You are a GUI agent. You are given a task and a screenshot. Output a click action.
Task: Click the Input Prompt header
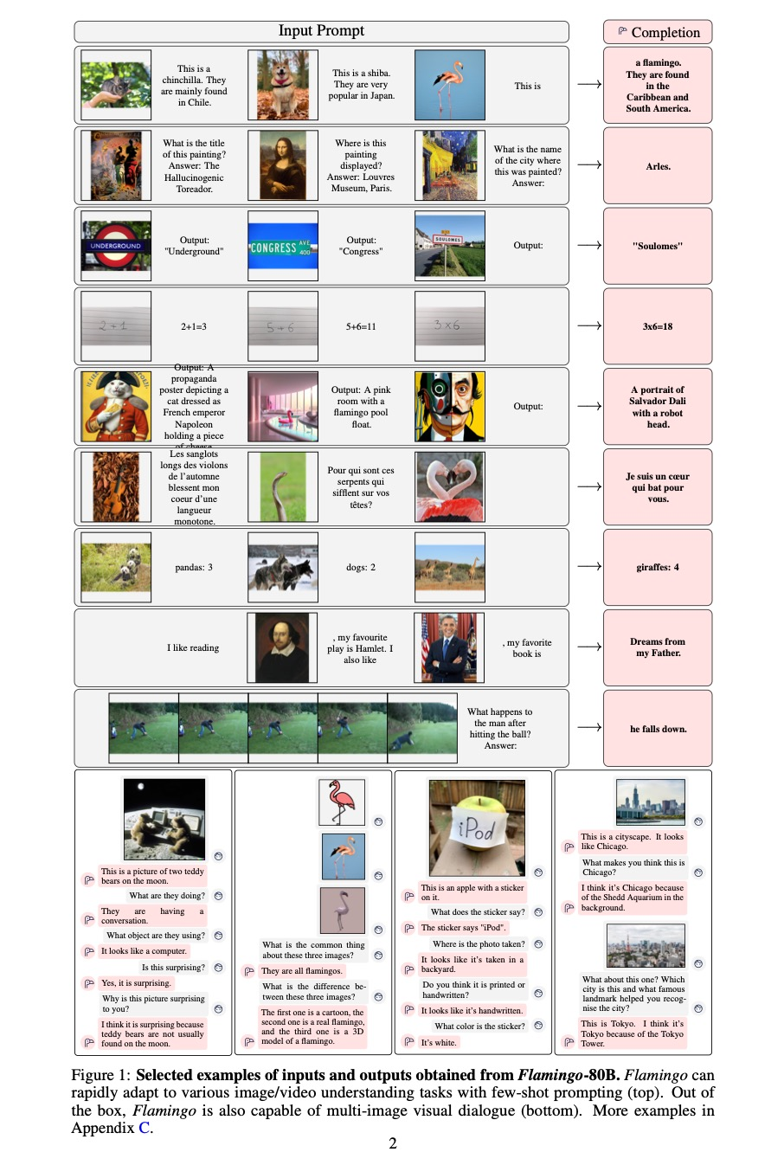(x=321, y=31)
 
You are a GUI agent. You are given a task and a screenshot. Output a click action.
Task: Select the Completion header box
(x=658, y=32)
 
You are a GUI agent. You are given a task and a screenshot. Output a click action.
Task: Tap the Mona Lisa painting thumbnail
(x=282, y=165)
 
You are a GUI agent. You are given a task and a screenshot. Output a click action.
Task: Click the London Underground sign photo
(x=116, y=246)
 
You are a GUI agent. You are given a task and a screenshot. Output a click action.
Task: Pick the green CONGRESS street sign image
(x=282, y=247)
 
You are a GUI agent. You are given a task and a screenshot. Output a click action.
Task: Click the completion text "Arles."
(x=658, y=166)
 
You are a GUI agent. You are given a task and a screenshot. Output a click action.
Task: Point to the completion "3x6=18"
(x=658, y=326)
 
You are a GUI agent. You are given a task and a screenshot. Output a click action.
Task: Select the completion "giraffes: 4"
(x=658, y=568)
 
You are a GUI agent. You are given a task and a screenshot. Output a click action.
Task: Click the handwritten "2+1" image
(x=116, y=326)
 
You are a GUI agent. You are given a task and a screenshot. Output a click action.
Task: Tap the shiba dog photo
(x=282, y=85)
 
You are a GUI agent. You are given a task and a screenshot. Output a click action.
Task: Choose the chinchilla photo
(x=116, y=85)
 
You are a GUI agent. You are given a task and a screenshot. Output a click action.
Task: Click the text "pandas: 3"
(x=194, y=568)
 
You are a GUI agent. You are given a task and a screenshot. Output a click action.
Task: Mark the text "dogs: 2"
(x=361, y=568)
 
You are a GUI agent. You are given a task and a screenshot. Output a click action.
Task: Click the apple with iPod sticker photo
(x=476, y=827)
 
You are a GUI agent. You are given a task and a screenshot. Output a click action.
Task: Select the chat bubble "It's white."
(x=439, y=1042)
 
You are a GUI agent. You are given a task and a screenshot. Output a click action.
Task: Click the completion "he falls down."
(x=658, y=729)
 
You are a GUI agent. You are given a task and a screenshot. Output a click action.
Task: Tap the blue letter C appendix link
(x=145, y=1128)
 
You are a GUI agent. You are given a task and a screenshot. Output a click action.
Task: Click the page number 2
(x=393, y=1144)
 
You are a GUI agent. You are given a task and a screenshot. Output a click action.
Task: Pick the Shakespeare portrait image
(x=282, y=647)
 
